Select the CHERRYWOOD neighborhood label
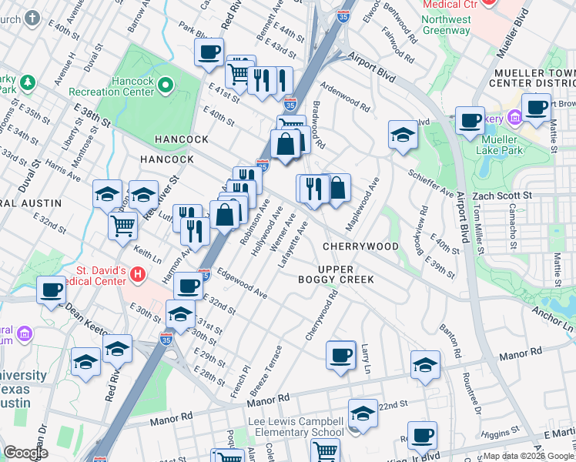pyautogui.click(x=360, y=246)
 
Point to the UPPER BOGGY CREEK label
pyautogui.click(x=336, y=273)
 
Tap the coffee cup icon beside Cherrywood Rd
pyautogui.click(x=340, y=355)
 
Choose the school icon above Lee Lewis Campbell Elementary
pyautogui.click(x=363, y=413)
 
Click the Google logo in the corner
pyautogui.click(x=25, y=453)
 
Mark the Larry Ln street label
pyautogui.click(x=367, y=360)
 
